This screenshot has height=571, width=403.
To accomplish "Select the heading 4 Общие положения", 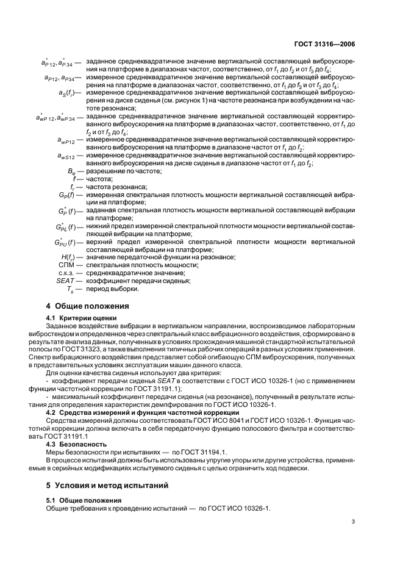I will (87, 306).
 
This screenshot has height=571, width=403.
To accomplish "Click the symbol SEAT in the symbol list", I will (65, 281).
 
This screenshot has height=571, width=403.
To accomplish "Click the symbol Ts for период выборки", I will (70, 289).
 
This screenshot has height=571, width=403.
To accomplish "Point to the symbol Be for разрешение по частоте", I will (71, 171).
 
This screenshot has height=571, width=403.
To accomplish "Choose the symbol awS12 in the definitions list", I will (64, 157).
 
